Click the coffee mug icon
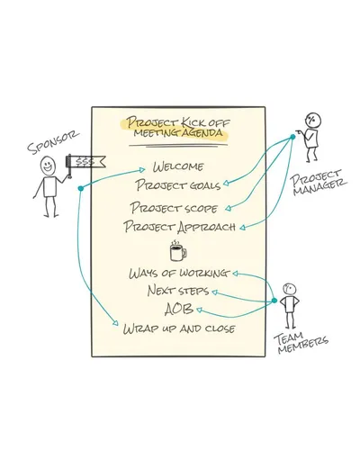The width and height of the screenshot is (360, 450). tap(178, 250)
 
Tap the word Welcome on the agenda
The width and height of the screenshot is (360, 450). tap(178, 166)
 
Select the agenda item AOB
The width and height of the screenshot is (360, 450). tap(179, 309)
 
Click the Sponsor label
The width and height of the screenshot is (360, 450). tap(53, 142)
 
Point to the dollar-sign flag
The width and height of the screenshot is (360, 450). tap(85, 162)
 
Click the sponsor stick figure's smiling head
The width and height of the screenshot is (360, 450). tap(48, 165)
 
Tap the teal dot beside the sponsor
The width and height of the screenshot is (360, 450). tap(80, 188)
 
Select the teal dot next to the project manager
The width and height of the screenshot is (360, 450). tap(292, 137)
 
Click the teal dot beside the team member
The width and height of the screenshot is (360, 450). tap(274, 300)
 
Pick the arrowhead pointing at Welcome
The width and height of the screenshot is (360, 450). tap(142, 170)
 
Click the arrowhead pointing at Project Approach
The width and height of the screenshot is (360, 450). tap(242, 228)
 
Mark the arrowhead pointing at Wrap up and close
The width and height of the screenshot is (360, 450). tap(116, 323)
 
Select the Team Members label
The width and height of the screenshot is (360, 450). tap(301, 343)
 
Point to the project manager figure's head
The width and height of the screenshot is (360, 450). tap(313, 121)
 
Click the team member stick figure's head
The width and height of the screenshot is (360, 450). tap(289, 289)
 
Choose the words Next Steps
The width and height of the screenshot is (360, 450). tap(178, 291)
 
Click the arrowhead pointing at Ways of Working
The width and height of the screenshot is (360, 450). tap(236, 274)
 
